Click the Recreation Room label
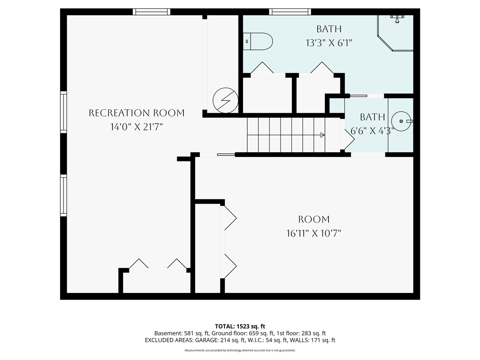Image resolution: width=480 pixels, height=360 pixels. [136, 113]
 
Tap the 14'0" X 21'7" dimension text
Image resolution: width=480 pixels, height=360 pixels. [136, 127]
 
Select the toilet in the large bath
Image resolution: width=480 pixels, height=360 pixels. [258, 41]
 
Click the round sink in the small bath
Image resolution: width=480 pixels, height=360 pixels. [402, 121]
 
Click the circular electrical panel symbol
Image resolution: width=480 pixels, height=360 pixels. [225, 100]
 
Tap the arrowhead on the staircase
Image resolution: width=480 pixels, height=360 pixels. [322, 135]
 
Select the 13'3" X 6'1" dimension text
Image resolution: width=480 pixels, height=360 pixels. [329, 43]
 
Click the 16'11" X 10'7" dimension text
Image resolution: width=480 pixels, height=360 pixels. [314, 234]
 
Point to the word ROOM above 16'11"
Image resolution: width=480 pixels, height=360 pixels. [314, 219]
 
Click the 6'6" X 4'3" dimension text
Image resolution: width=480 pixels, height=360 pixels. [372, 131]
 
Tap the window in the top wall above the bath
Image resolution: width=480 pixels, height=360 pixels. [290, 12]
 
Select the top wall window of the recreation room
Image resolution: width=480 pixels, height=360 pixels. [151, 12]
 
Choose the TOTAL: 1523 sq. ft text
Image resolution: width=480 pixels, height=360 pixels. [240, 326]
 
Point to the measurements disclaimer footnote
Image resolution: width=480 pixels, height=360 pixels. [240, 350]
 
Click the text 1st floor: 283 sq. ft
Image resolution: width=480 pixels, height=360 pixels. [301, 333]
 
